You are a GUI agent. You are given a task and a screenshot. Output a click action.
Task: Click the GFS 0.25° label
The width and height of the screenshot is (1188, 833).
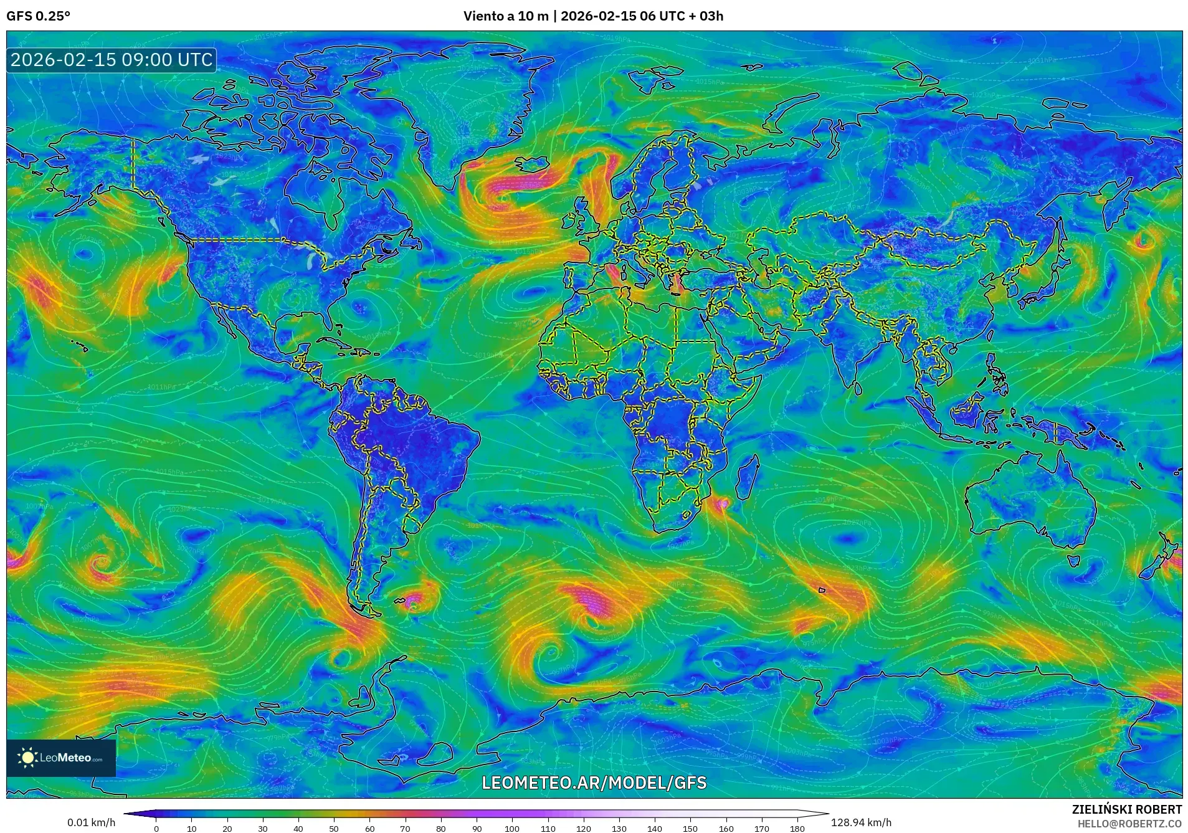point(38,16)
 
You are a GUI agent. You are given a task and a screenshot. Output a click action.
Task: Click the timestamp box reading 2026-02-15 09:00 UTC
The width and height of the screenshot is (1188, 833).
point(112,60)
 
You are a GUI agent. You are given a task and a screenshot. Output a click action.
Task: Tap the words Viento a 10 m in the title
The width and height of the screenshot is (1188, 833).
point(505,16)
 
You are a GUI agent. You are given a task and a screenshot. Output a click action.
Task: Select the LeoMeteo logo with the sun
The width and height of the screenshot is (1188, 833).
point(60,758)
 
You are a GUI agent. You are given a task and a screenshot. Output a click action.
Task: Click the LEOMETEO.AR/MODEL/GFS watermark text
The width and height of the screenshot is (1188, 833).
point(594,783)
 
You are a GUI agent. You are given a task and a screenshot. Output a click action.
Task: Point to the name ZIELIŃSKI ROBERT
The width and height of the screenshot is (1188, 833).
point(1126,809)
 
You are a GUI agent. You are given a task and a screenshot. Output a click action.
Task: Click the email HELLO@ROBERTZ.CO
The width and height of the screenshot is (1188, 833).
point(1129,824)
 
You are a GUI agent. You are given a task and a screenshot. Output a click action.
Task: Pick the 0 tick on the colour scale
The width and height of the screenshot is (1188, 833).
point(156,828)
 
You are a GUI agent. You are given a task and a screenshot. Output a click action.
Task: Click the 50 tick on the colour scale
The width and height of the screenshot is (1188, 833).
point(334,828)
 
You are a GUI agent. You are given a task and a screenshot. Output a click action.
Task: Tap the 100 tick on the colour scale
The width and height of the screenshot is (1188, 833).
point(512,828)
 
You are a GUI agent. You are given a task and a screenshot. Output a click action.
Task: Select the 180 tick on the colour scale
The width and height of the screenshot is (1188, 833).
point(797,828)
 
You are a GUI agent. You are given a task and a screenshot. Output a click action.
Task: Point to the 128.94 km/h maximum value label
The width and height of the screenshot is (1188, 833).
point(861,822)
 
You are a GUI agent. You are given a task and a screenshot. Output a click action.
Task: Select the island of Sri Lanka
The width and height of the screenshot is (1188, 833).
point(857,386)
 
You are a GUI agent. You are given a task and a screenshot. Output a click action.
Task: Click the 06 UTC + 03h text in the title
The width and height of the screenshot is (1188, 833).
point(682,16)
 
